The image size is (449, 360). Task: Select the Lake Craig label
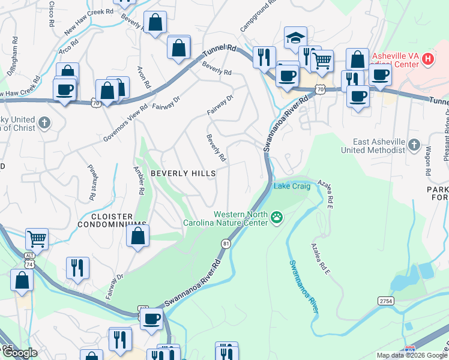click(x=292, y=187)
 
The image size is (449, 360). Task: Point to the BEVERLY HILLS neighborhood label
click(x=182, y=173)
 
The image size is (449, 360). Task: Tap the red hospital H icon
click(x=427, y=59)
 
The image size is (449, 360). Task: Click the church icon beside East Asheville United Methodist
click(x=414, y=145)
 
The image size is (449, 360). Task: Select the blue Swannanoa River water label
click(x=303, y=286)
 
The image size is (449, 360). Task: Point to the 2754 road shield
click(x=386, y=300)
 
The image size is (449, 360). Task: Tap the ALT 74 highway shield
click(x=30, y=259)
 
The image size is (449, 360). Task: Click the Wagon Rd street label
click(x=428, y=160)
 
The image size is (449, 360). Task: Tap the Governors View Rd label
click(x=125, y=124)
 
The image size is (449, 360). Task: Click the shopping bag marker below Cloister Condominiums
click(x=137, y=236)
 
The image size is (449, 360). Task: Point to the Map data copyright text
click(x=412, y=355)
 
